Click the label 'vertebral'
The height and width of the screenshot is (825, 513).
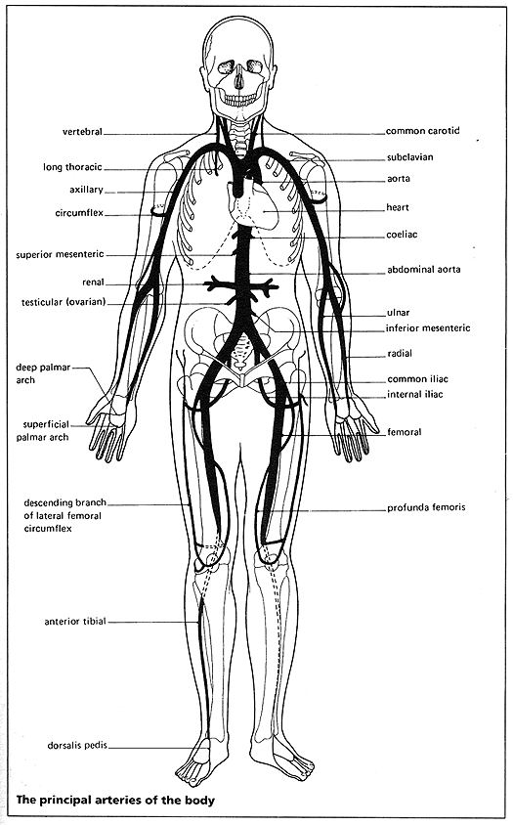82,132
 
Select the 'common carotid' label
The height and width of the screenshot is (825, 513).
422,130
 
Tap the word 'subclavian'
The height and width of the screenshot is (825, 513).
409,157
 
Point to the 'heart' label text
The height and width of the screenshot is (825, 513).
398,207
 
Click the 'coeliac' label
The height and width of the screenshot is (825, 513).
402,235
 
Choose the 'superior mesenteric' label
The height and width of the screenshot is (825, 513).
60,255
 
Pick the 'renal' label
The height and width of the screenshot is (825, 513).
93,282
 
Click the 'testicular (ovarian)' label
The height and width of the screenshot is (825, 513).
64,303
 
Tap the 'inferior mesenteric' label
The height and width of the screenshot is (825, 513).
428,328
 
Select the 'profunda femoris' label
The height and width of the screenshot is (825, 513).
426,508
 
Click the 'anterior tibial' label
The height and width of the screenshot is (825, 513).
75,622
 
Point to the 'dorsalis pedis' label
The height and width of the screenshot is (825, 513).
77,746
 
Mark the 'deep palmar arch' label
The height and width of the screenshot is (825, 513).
43,373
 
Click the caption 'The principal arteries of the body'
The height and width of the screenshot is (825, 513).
115,801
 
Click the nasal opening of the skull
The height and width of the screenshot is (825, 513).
239,79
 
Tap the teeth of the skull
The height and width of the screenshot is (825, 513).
240,98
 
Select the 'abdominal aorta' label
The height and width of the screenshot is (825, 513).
423,270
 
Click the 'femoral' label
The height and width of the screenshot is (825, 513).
405,432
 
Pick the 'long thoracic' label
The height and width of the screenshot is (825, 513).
72,167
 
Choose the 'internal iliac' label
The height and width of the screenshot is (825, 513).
415,394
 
